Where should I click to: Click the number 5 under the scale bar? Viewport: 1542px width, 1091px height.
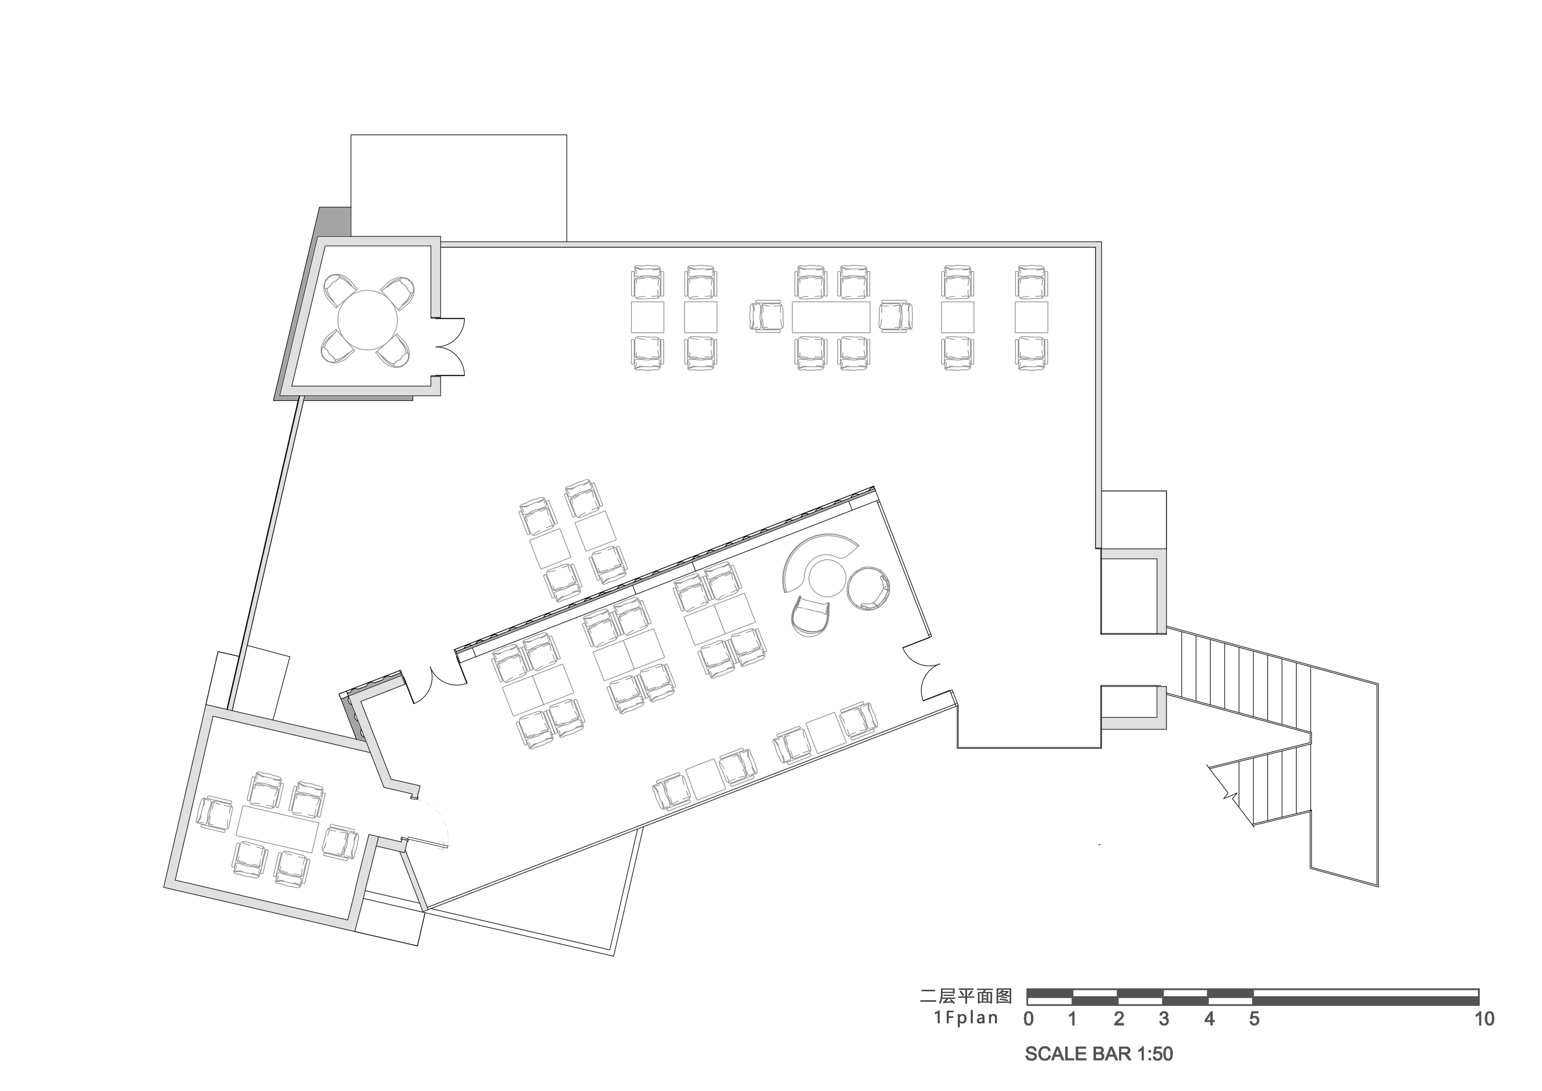[1254, 1019]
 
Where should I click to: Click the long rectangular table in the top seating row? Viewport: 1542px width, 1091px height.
[831, 317]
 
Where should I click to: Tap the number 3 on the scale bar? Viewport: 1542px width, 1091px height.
[1164, 1019]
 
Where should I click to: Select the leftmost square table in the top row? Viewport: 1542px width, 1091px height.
[647, 317]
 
